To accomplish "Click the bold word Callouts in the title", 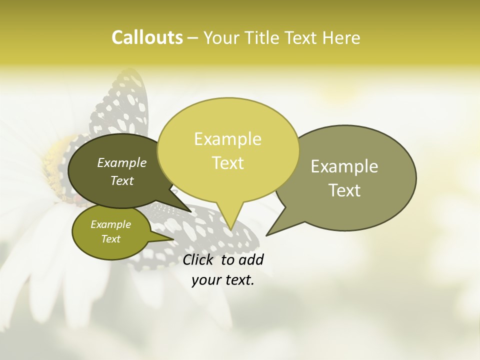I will click(147, 37).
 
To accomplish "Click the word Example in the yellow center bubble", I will click(227, 139).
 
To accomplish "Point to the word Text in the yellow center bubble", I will click(227, 163).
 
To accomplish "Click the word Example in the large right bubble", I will click(344, 166).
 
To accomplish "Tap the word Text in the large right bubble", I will click(344, 190).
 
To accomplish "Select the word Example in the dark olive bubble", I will click(122, 163).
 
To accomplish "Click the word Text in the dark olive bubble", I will click(122, 180).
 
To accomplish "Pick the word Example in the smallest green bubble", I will click(110, 224).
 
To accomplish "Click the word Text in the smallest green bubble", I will click(110, 239).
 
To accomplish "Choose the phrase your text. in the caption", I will click(223, 280).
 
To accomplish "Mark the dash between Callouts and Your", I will click(193, 38).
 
